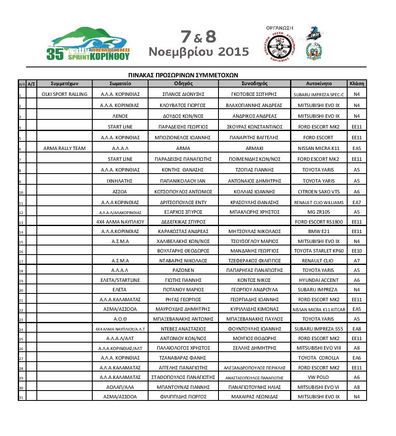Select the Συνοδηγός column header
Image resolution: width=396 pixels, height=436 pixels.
click(x=254, y=83)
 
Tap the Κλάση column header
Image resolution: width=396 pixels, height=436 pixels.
click(x=357, y=83)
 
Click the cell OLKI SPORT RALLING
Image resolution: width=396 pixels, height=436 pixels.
click(x=65, y=94)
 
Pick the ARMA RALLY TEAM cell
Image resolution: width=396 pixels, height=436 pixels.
click(x=65, y=148)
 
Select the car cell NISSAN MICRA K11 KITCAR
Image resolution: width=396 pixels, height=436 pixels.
click(x=319, y=310)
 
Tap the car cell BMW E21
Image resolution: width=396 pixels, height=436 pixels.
click(x=319, y=231)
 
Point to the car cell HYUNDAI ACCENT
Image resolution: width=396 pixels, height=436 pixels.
click(x=319, y=280)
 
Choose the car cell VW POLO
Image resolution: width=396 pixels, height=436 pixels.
click(x=319, y=377)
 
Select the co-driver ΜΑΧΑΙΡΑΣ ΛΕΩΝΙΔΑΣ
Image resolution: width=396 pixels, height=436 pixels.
click(x=254, y=397)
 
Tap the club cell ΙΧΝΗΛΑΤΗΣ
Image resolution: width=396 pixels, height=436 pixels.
click(x=120, y=181)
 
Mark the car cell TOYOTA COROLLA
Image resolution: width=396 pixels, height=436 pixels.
click(x=319, y=358)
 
